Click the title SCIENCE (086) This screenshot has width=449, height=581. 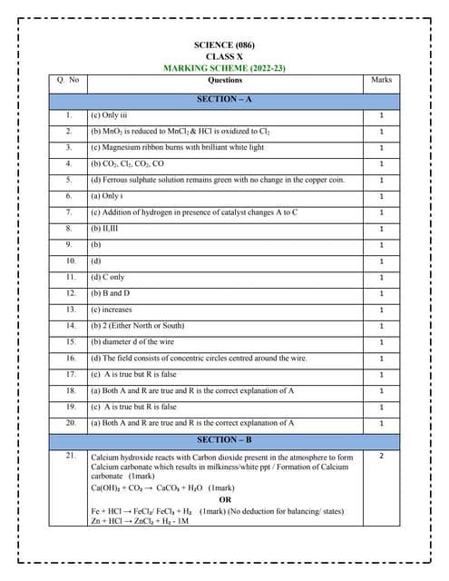coord(225,44)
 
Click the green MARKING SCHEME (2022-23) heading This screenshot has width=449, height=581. coord(225,68)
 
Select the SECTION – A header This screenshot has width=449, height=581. coord(224,97)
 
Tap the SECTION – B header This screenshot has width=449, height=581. coord(224,439)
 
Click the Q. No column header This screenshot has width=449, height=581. coord(68,80)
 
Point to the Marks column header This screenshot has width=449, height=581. coord(382,80)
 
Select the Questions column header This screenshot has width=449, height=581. coord(224,80)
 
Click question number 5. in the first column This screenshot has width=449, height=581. coord(68,180)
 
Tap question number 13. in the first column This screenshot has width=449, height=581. coord(70,310)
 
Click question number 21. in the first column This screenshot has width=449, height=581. coord(70,456)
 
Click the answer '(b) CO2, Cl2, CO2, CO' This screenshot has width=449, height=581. coord(127,163)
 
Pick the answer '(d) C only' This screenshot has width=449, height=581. coord(107,277)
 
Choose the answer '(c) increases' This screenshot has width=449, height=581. coord(112,310)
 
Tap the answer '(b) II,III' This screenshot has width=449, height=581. coord(105,229)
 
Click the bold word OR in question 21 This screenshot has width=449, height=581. coord(225,499)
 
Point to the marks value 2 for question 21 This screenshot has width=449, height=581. coord(382,456)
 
